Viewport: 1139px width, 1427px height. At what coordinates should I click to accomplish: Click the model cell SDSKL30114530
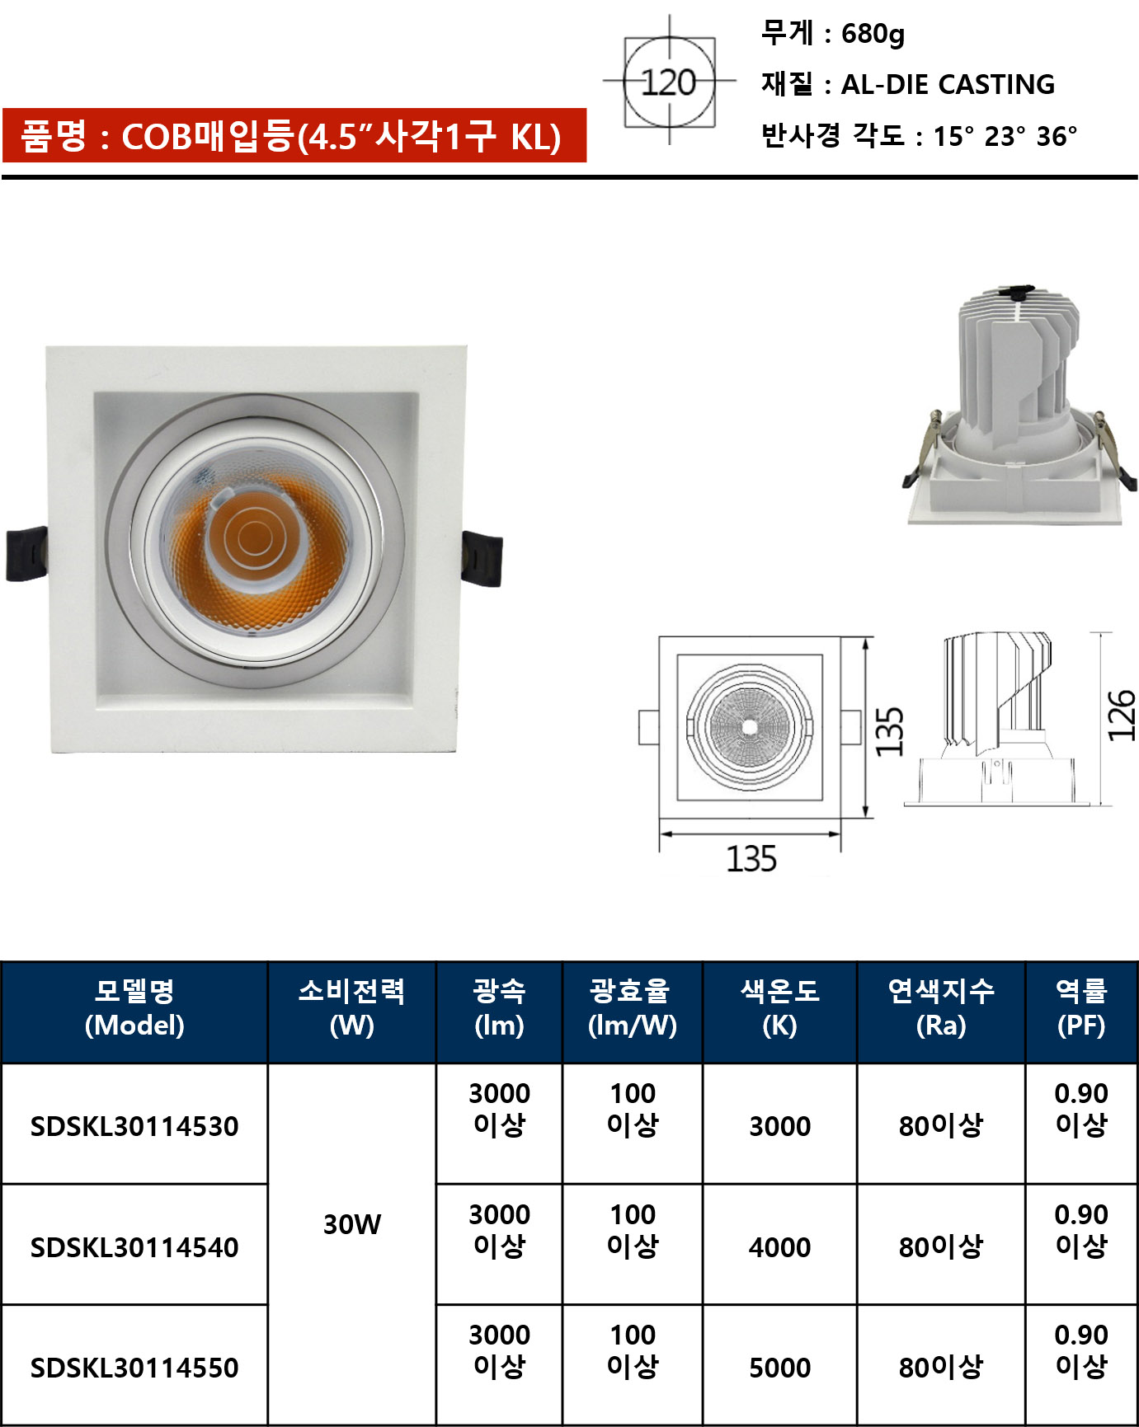134,1125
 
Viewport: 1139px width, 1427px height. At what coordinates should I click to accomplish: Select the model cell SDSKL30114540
134,1246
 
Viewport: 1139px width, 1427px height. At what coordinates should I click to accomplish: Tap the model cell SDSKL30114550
134,1367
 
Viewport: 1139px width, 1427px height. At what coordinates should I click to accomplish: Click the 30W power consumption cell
352,1224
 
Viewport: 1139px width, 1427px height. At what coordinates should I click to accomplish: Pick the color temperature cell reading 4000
779,1246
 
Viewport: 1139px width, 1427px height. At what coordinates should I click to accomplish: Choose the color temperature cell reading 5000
779,1367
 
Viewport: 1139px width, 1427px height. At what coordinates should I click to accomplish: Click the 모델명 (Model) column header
134,1008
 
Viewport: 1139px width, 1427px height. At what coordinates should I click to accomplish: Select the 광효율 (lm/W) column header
633,1008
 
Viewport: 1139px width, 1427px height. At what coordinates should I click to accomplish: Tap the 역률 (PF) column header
1081,1008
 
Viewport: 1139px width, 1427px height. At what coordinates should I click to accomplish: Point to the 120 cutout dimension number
669,82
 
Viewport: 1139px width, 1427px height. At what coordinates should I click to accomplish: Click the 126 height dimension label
1122,716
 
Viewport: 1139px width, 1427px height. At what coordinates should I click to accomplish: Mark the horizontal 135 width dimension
751,859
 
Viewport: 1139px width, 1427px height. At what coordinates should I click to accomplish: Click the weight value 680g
873,34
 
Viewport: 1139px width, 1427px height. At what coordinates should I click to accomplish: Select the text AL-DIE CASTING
948,84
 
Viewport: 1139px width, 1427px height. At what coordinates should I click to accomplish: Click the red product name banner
294,135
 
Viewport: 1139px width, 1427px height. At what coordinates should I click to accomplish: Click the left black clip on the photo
26,554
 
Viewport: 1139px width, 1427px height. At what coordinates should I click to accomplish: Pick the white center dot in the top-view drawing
749,727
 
